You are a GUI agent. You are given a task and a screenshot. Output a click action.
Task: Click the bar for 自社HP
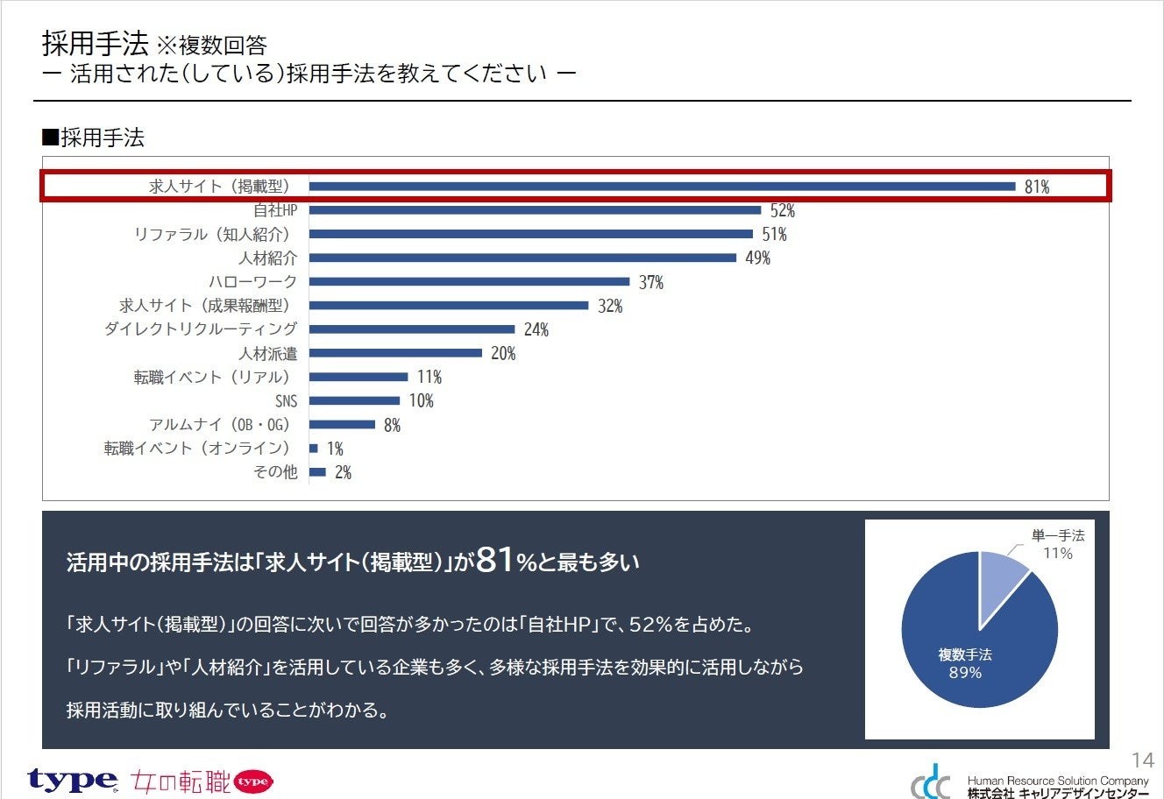[x=535, y=210]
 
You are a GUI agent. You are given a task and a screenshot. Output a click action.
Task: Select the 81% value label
[x=1037, y=187]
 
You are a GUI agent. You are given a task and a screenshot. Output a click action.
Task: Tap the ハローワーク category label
[x=252, y=281]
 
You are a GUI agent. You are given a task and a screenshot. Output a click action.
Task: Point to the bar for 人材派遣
[x=395, y=353]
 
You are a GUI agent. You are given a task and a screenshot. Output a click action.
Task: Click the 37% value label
[x=650, y=282]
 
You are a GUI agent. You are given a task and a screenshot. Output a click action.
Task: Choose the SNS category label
[x=286, y=401]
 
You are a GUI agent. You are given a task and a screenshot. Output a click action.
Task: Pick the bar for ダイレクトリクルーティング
[x=412, y=329]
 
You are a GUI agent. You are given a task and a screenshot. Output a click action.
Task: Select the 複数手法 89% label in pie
[x=965, y=664]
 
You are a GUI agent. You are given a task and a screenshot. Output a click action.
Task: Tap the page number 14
[x=1142, y=760]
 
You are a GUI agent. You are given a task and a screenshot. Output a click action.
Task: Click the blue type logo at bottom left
[x=72, y=779]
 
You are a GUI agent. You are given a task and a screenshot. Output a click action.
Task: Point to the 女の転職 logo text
[x=181, y=781]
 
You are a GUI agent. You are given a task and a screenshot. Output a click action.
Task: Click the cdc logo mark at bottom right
[x=930, y=781]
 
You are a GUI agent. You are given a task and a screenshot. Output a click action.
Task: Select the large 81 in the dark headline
[x=495, y=560]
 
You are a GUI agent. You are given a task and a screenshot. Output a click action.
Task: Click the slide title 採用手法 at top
[x=95, y=43]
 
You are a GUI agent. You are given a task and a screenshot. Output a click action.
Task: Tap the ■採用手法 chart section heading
[x=93, y=138]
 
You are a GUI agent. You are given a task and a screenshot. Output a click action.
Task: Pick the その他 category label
[x=275, y=472]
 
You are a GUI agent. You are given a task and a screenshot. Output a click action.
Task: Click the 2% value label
[x=343, y=473]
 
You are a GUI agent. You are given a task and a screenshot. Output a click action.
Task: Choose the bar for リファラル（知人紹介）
[x=531, y=234]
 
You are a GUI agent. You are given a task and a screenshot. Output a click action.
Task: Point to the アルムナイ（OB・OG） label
[x=219, y=425]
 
